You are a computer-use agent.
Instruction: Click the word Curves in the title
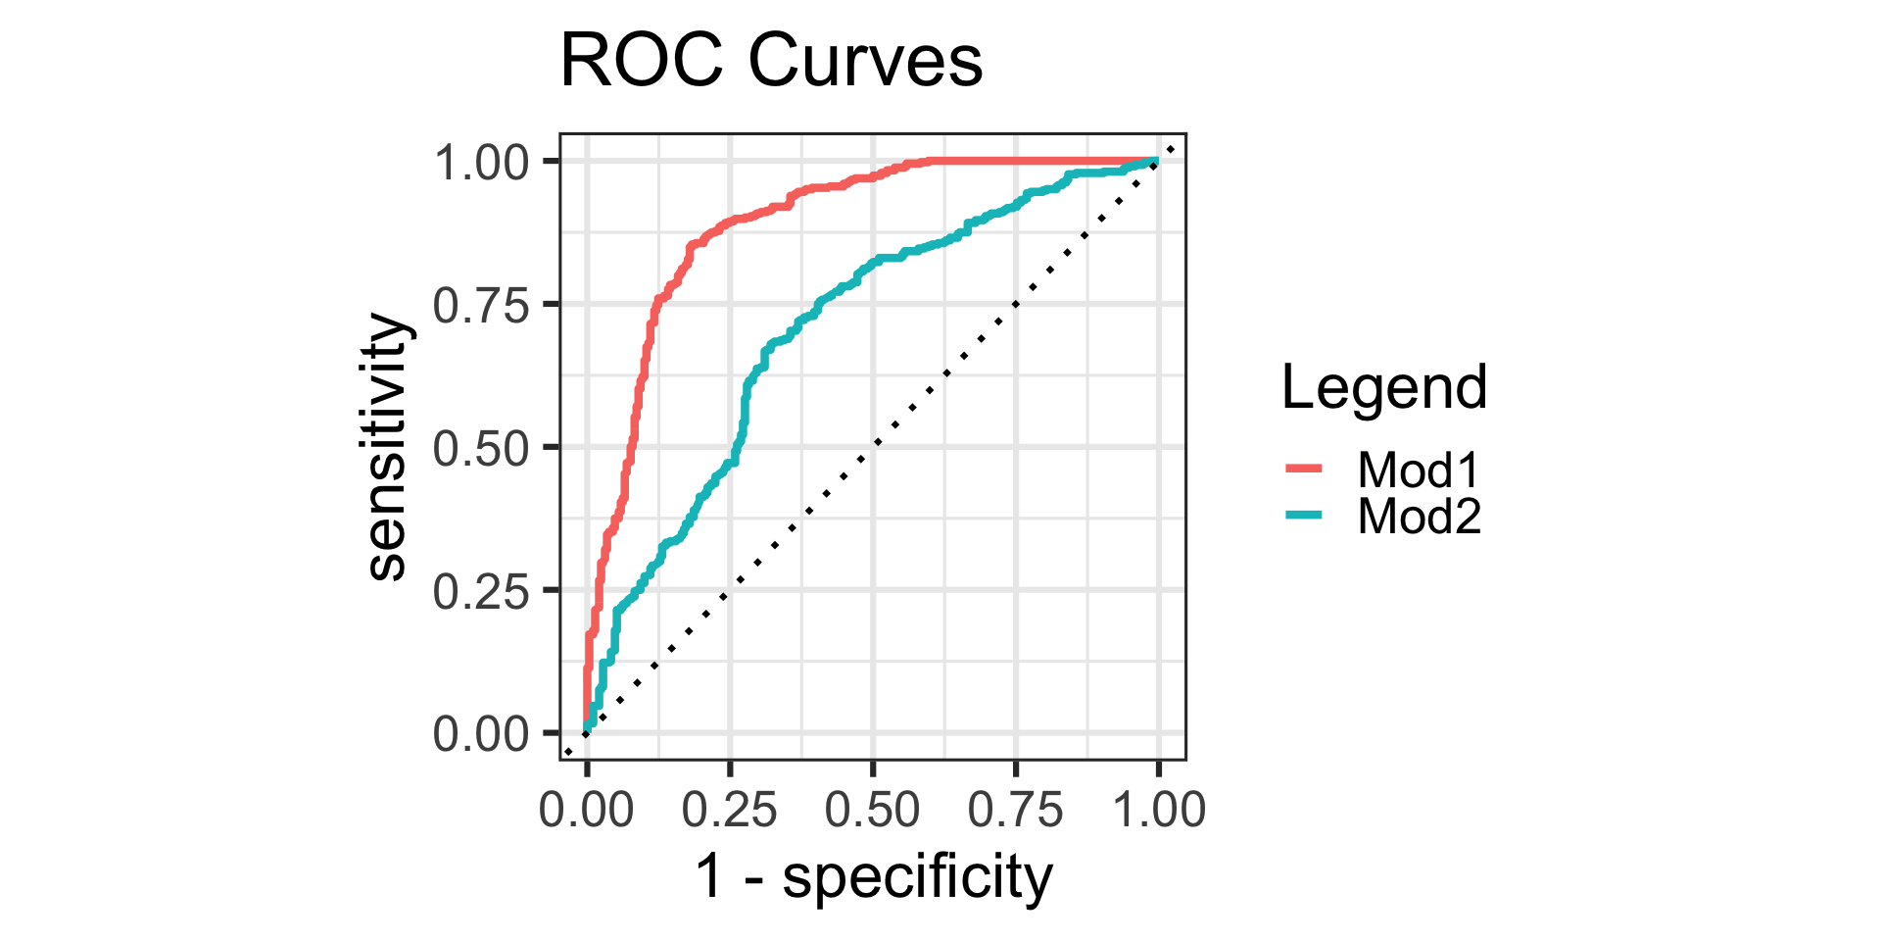tap(865, 61)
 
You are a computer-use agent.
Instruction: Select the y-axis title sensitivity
tap(387, 447)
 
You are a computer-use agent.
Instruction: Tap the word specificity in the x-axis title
tap(917, 877)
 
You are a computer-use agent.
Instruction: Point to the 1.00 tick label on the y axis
tap(481, 163)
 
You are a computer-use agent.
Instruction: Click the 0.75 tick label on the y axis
tap(481, 306)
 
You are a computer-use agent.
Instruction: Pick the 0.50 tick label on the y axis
tap(481, 449)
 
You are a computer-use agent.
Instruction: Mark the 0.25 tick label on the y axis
tap(481, 592)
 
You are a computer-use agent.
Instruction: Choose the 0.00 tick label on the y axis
tap(481, 735)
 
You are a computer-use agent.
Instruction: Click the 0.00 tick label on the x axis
tap(586, 811)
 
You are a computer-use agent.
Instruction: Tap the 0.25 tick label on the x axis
tap(729, 811)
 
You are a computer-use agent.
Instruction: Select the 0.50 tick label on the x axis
tap(872, 811)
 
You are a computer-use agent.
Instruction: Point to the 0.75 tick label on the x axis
tap(1015, 811)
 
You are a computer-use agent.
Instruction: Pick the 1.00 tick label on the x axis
tap(1158, 811)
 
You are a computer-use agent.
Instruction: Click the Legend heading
tap(1384, 387)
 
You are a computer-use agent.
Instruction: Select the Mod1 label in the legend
tap(1419, 470)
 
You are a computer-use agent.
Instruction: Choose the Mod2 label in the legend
tap(1419, 517)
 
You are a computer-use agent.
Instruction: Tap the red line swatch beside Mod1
tap(1304, 470)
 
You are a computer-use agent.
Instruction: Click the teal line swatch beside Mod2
tap(1304, 516)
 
